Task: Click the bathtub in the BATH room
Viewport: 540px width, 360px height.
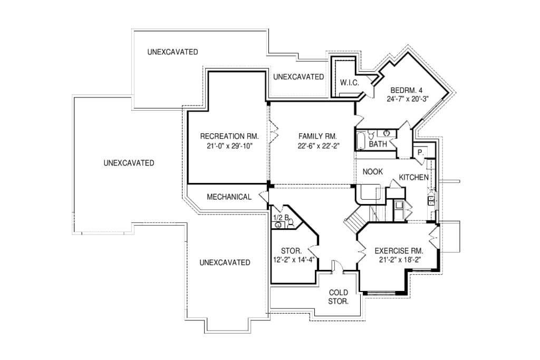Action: coord(361,140)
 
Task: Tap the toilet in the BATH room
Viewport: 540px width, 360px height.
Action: coord(371,134)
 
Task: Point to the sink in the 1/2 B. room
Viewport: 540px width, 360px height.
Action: coord(279,226)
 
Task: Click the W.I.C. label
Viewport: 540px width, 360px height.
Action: coord(350,83)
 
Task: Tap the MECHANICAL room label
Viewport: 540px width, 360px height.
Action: coord(229,197)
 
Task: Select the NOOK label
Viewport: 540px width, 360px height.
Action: coord(373,172)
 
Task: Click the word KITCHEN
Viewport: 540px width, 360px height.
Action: coord(413,177)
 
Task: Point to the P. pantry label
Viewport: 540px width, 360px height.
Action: coord(420,152)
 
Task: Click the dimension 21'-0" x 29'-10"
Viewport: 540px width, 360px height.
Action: coord(230,146)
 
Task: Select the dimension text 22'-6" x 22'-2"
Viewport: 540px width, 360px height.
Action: coord(319,146)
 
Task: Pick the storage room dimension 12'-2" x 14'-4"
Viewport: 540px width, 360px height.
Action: coord(294,260)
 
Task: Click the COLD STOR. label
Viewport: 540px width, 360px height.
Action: coord(339,297)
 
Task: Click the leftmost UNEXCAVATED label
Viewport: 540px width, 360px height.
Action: coord(129,163)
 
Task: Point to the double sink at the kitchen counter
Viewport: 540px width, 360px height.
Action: coord(431,200)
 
